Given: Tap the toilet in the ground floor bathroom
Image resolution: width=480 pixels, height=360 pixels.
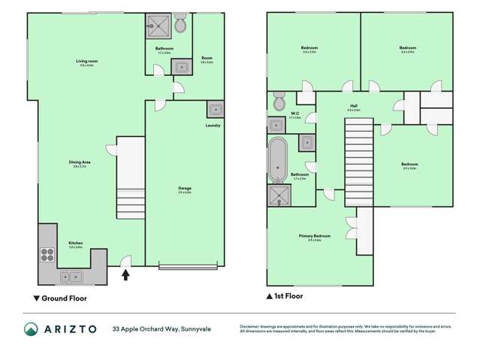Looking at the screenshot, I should (x=180, y=26).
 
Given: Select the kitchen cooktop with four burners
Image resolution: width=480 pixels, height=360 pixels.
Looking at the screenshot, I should (x=47, y=254).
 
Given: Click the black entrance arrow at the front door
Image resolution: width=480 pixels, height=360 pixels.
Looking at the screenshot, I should (x=125, y=275).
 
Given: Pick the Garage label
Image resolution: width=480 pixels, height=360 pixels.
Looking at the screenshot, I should (x=185, y=188).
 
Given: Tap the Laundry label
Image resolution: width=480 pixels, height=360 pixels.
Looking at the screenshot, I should (x=213, y=126).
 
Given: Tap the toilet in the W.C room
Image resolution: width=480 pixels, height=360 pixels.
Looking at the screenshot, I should (x=278, y=101).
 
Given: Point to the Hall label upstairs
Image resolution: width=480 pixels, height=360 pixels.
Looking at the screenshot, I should (x=353, y=106).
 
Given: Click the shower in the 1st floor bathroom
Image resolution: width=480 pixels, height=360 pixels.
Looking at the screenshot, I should (x=277, y=195).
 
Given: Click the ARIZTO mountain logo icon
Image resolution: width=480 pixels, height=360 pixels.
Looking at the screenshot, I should (x=32, y=329).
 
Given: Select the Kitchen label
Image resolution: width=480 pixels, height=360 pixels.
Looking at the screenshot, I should (x=76, y=243).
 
